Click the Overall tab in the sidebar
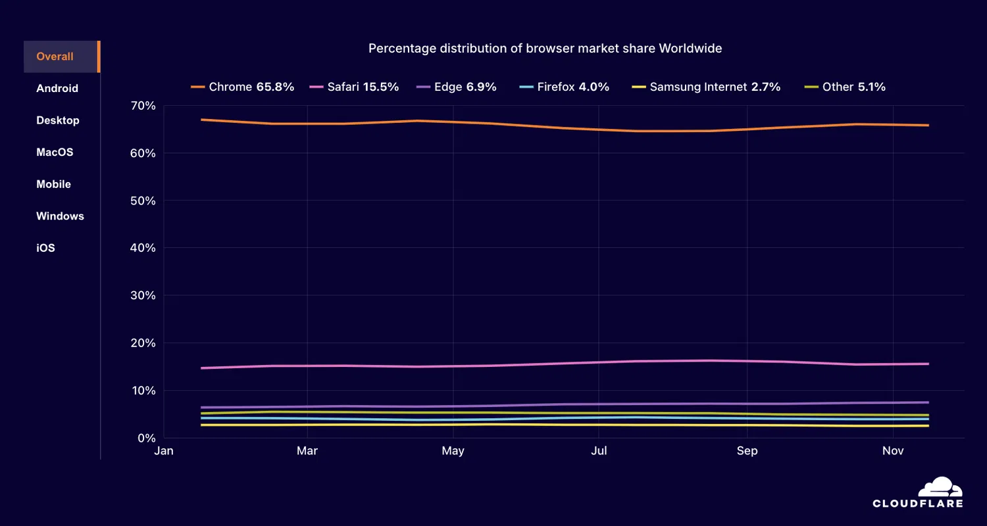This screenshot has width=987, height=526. coord(55,57)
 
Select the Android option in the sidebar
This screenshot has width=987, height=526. coord(57,89)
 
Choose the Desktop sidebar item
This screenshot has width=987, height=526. coord(58,120)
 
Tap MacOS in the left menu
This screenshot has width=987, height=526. coord(55,153)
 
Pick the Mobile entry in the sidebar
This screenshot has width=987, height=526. coord(53,184)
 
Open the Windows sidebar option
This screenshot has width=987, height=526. coord(60,216)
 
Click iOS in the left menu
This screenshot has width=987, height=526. coord(45,248)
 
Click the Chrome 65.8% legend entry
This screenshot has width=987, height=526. coord(242,87)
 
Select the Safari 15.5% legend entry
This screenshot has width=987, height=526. coord(354,87)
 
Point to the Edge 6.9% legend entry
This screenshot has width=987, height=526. coord(457,87)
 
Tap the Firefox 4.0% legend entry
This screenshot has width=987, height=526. coord(564,87)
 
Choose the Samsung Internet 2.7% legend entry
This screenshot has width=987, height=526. coord(706,87)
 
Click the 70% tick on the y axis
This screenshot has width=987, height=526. coord(143,106)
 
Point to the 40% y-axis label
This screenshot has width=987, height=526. coord(143,248)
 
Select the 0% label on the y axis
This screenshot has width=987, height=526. coord(145,438)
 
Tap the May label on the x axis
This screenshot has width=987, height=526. coord(453,451)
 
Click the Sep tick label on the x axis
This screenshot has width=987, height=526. coord(747,451)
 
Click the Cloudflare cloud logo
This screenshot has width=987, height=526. coord(940,487)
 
